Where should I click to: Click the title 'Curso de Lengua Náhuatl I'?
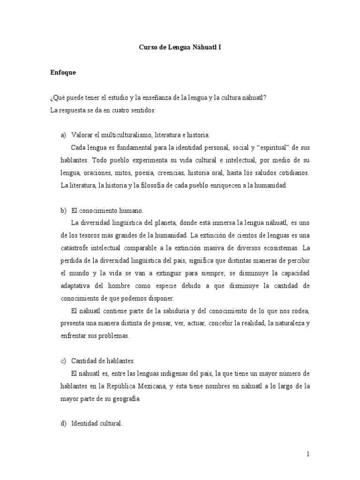click(180, 47)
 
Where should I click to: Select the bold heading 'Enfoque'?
click(63, 73)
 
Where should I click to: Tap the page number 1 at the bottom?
click(308, 454)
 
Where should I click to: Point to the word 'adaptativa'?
click(77, 285)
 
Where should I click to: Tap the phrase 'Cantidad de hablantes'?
click(103, 361)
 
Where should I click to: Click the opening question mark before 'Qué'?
click(51, 98)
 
